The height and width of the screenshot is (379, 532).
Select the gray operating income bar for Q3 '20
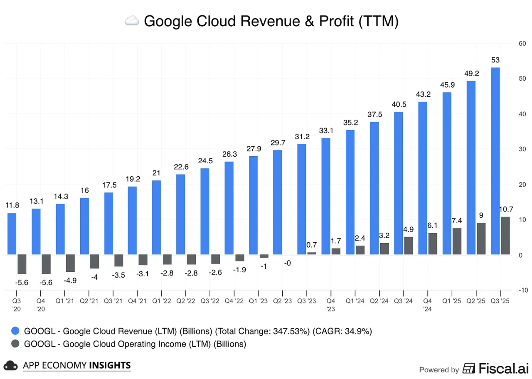22,264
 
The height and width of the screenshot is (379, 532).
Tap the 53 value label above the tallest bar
495,60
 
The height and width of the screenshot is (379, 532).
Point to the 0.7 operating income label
312,245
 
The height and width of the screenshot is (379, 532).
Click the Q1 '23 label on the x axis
258,301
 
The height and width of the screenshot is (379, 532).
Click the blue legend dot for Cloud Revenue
16,331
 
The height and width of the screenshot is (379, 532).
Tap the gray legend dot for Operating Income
16,344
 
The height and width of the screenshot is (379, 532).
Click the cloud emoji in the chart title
132,21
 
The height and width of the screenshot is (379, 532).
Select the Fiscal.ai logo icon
469,368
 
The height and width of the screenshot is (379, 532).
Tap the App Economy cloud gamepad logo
10,366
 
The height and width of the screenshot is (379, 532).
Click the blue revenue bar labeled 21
157,217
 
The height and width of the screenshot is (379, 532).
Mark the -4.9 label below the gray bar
70,280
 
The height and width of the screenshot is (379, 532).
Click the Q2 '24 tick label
379,301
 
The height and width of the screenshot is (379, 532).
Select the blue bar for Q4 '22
229,208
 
